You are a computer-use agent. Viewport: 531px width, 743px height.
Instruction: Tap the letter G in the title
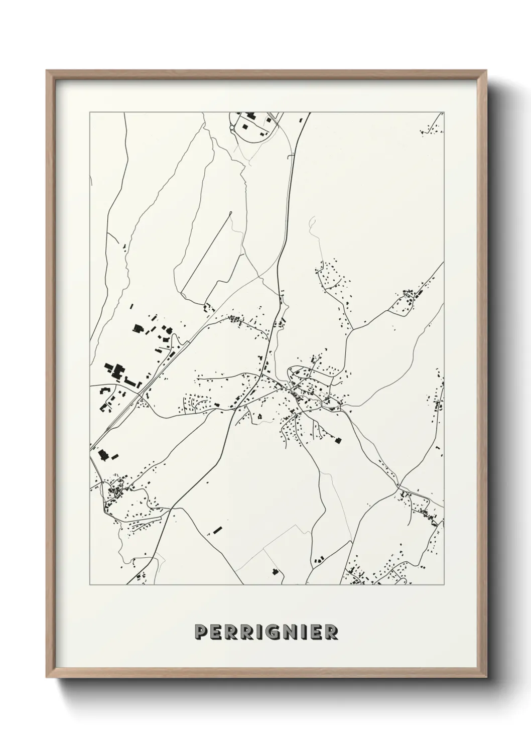[270, 632]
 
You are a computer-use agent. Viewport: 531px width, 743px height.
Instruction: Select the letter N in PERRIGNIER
[287, 632]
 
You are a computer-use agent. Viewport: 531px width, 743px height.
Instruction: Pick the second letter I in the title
[301, 632]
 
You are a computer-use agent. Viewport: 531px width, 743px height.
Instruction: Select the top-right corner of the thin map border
[444, 112]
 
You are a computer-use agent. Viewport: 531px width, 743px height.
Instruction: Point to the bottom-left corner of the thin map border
[90, 585]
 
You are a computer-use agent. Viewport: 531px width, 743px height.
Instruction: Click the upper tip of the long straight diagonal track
[230, 214]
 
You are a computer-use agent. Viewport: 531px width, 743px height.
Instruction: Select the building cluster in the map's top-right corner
[432, 128]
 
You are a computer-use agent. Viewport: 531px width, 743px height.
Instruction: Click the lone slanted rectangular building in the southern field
[217, 530]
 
